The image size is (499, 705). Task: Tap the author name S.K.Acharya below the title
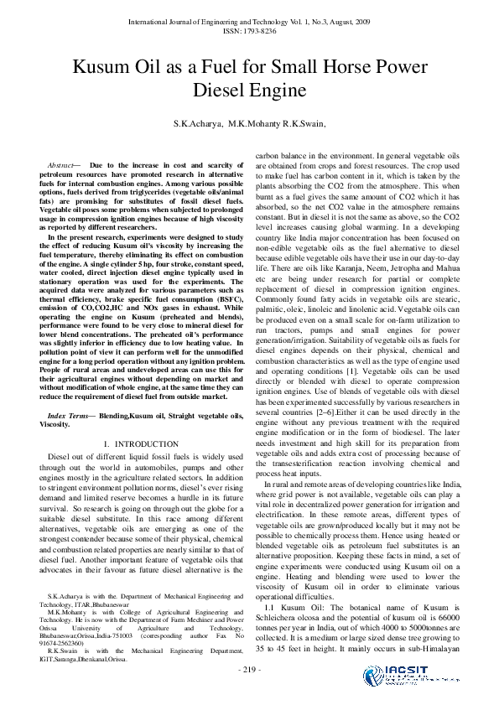tap(198, 124)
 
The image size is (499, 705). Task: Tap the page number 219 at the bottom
tap(249, 669)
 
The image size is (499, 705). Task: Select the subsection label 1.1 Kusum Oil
tap(288, 604)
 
